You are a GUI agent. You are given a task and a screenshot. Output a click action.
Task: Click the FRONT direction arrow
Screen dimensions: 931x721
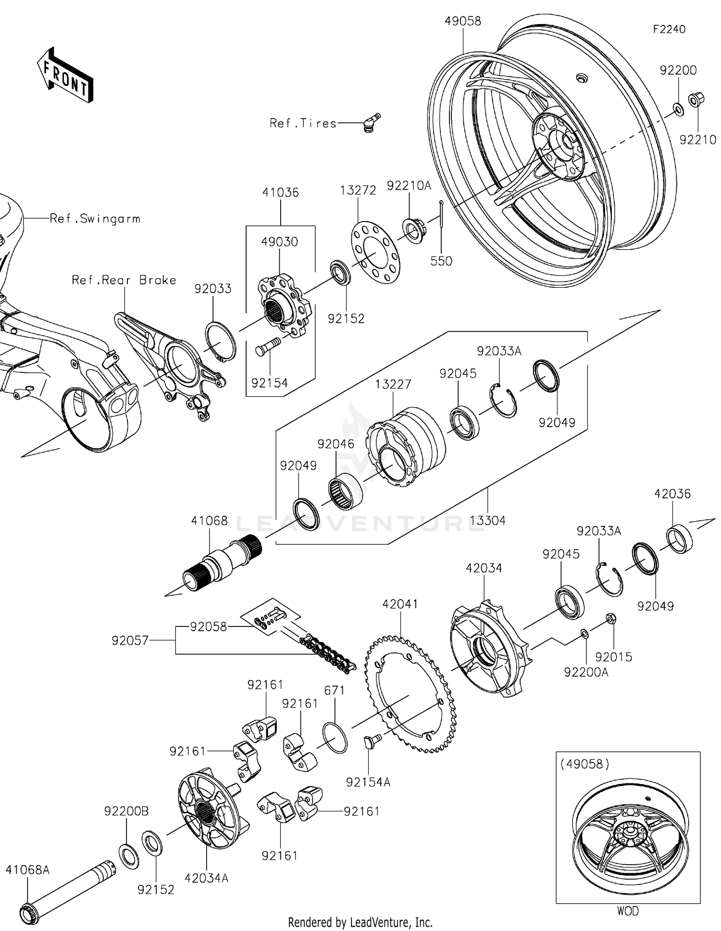coord(65,76)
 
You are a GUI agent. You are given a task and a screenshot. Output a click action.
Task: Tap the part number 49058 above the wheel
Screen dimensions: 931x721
coord(462,21)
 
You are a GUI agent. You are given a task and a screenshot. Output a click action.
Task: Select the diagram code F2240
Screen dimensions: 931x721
coord(669,29)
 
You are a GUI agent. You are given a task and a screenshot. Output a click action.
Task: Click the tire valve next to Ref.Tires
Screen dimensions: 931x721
coord(371,121)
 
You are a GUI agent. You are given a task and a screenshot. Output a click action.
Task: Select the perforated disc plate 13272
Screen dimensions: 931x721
coord(376,252)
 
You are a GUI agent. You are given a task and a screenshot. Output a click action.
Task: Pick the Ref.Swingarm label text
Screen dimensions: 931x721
coord(95,219)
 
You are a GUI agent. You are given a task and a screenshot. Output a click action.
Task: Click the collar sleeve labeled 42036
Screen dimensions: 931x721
coord(679,539)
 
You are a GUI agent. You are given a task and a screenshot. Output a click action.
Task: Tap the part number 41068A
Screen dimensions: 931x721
coord(27,870)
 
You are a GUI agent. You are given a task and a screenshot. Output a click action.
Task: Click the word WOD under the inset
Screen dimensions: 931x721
coord(627,911)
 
